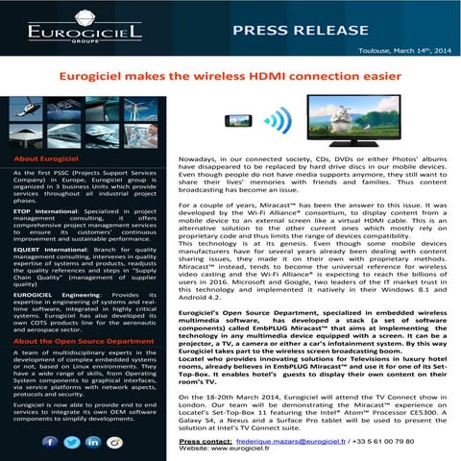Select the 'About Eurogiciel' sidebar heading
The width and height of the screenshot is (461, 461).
54,158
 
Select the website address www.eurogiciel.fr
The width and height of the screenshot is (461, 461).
255,451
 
